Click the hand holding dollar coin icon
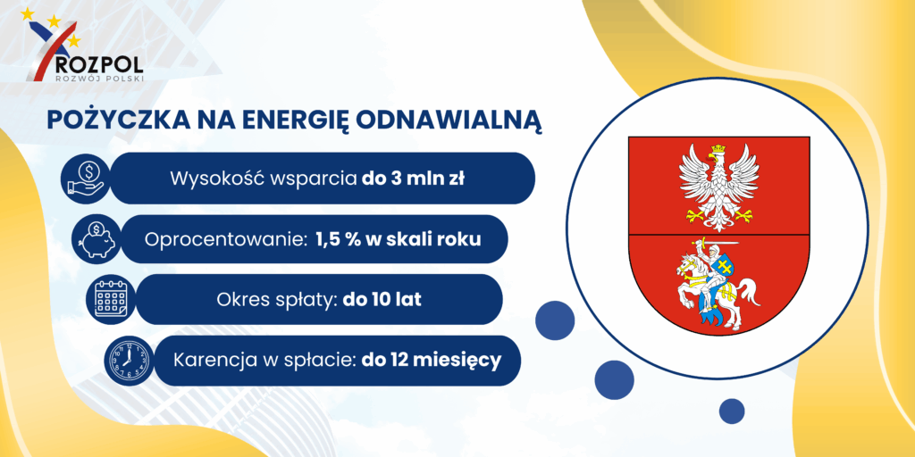coord(85,178)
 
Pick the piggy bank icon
coord(97,239)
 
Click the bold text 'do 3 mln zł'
coord(413,179)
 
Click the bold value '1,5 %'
coord(340,239)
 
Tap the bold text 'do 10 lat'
coord(382,300)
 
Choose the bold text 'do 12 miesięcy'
coord(432,361)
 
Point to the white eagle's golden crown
coord(718,149)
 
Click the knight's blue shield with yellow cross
coord(724,268)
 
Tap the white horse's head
coord(684,266)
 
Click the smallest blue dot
coord(731,411)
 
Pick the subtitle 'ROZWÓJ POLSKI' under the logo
coord(98,78)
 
